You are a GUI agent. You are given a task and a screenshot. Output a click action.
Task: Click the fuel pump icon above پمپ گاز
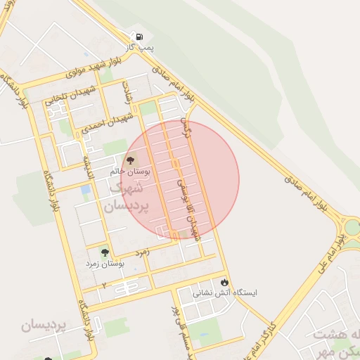[139, 37]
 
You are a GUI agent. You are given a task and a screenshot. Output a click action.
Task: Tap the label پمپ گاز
[140, 47]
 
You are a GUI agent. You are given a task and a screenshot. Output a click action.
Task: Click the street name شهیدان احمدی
[106, 122]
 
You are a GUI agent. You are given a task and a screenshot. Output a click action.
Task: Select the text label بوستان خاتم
[127, 171]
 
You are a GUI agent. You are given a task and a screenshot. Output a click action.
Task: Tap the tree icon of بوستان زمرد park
[105, 252]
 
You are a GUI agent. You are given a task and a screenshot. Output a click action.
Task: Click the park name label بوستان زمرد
[105, 263]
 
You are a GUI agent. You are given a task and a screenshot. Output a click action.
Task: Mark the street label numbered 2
[104, 285]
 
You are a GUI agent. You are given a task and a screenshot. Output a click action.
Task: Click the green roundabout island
[352, 227]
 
